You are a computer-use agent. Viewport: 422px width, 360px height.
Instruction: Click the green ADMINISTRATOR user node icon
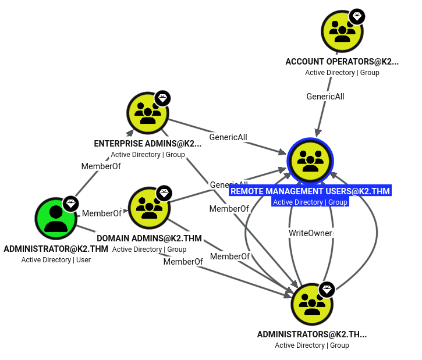(56, 218)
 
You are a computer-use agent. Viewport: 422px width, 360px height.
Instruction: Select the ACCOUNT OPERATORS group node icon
(342, 31)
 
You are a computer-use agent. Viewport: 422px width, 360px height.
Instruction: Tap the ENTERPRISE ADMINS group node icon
(148, 113)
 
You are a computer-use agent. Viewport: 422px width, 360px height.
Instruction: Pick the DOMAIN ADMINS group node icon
(150, 208)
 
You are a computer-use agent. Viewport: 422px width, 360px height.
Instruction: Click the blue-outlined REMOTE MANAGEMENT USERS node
(310, 161)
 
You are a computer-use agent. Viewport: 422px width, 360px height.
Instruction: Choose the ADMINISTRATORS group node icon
(312, 304)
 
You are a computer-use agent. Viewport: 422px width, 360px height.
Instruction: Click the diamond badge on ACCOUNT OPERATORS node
(357, 16)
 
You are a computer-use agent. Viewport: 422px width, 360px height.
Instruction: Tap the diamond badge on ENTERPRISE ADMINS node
(162, 98)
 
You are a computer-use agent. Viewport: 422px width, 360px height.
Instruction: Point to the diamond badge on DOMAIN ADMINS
(164, 193)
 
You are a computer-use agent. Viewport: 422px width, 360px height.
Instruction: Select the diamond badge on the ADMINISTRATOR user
(71, 204)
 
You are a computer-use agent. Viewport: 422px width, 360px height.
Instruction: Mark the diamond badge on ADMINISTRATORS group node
(327, 290)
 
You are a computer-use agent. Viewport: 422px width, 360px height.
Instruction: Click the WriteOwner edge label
(311, 233)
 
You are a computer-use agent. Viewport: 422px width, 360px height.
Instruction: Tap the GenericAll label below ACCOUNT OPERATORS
(325, 97)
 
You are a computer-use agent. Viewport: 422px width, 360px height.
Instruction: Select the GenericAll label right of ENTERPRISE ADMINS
(228, 137)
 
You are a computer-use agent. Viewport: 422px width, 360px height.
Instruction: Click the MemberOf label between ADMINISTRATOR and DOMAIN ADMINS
(102, 213)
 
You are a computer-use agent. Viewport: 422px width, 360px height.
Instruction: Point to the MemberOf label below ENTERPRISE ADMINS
(101, 166)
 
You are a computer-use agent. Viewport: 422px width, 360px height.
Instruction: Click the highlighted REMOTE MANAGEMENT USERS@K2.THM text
(310, 191)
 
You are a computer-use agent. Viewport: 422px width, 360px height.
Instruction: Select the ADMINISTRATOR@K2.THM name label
(56, 249)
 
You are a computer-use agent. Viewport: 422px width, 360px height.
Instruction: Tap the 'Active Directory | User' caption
(56, 260)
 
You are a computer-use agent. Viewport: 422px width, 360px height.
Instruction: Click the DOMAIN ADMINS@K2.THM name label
(149, 238)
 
